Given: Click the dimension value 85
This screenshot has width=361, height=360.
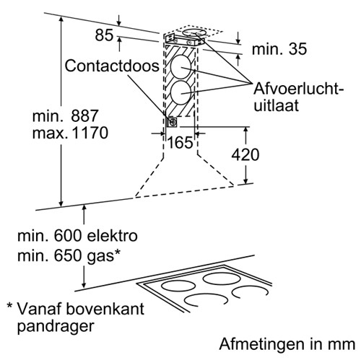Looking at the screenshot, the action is click(x=104, y=35).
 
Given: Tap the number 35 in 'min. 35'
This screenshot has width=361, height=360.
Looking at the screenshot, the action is click(x=297, y=49).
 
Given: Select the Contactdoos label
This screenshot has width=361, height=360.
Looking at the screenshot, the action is click(x=112, y=66).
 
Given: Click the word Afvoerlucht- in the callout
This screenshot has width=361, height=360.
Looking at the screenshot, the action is click(x=299, y=89).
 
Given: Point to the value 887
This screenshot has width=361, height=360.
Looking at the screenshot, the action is click(x=84, y=115).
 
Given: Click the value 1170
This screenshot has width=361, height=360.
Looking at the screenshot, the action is click(x=90, y=133).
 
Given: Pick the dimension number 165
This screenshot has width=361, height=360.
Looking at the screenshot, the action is click(x=180, y=142).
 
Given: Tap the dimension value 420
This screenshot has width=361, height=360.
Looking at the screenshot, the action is click(x=245, y=154).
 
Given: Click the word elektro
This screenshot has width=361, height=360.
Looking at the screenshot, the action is click(x=113, y=236).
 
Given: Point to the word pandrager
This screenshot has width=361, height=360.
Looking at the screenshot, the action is click(x=56, y=327).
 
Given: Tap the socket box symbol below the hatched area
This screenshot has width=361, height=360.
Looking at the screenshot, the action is click(x=172, y=122).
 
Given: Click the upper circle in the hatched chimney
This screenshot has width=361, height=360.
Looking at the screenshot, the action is click(x=180, y=66).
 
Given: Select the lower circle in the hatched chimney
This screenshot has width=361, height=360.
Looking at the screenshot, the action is click(x=180, y=92).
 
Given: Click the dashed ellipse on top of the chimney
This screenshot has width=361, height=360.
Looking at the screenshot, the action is click(x=194, y=29).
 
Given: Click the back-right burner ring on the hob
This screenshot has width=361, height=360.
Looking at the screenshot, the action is click(x=222, y=275).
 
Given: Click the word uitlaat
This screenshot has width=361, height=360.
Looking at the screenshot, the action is click(x=276, y=105).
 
